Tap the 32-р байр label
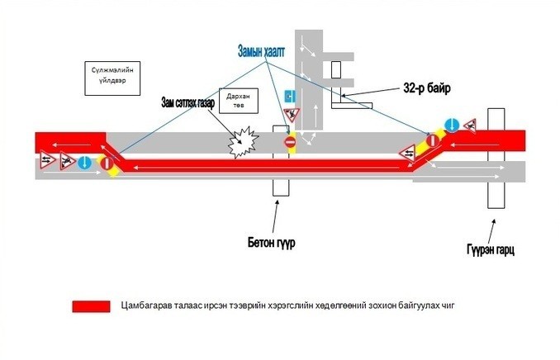tap(427, 87)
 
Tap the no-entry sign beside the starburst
tap(290, 144)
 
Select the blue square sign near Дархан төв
tap(290, 96)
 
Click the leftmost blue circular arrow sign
tap(85, 163)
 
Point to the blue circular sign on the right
tap(452, 125)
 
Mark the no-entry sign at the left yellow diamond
tap(107, 163)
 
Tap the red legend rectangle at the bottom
tap(91, 306)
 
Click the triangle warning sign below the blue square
tap(290, 113)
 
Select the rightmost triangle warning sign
tap(471, 125)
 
